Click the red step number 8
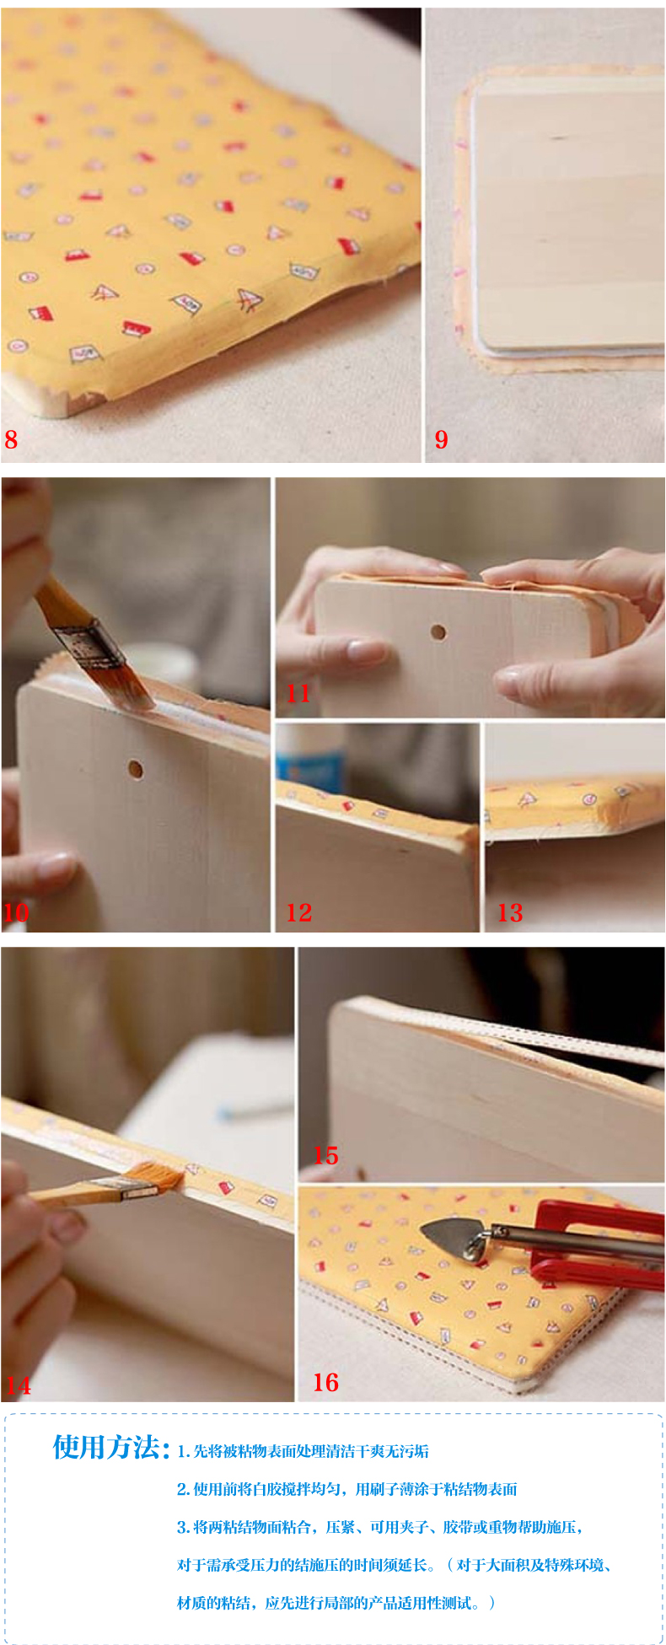tap(11, 439)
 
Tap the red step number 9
tap(441, 439)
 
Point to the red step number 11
tap(298, 693)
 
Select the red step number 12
tap(298, 912)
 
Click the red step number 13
tap(509, 912)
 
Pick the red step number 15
tap(325, 1155)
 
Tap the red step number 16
tap(325, 1382)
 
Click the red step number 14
tap(18, 1385)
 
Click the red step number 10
tap(16, 912)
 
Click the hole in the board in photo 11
tap(438, 632)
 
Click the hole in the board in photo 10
tap(135, 769)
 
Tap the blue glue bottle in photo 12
tap(310, 754)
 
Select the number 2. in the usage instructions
tap(183, 1489)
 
